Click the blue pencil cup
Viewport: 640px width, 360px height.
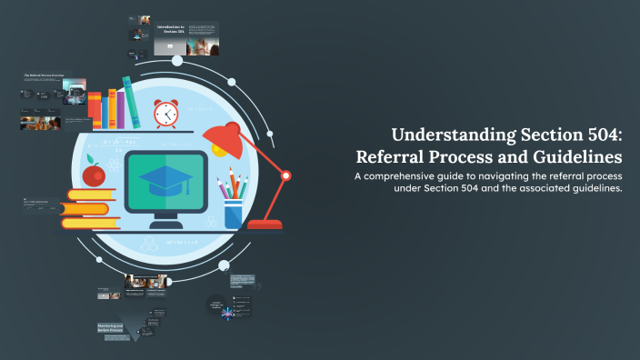[x=233, y=213]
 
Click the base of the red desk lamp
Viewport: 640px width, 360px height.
[x=265, y=223]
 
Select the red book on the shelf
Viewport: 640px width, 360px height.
[x=95, y=111]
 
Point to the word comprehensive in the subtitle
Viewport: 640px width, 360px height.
[x=408, y=175]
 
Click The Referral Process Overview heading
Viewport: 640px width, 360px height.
[x=47, y=75]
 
